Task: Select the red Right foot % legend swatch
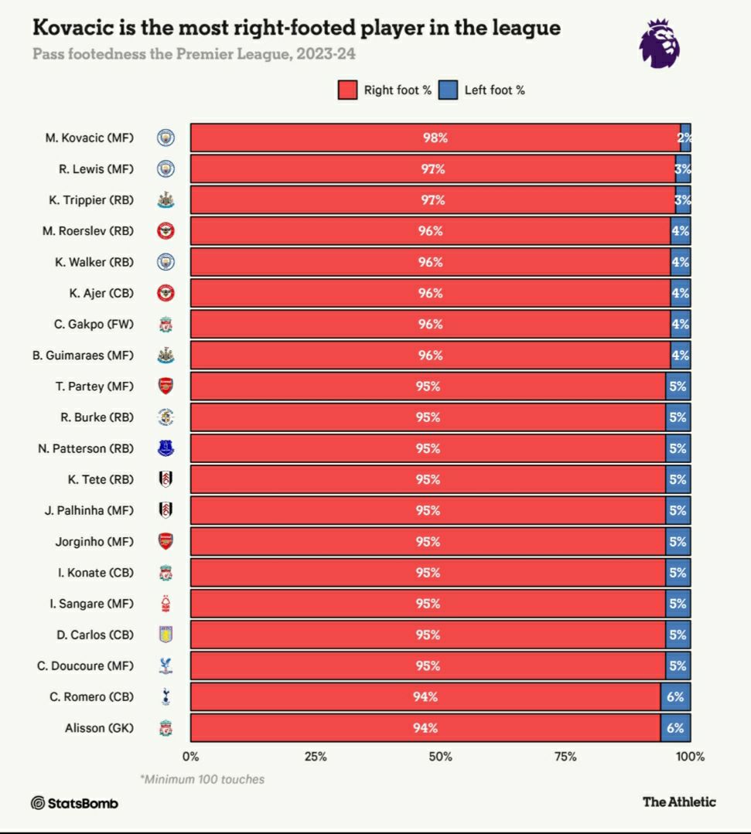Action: point(347,90)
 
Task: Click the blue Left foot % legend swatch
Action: point(448,90)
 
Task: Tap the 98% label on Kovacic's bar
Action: point(435,138)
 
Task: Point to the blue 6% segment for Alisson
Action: point(675,728)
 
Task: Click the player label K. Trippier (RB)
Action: point(90,200)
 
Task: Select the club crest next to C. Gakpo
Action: point(166,325)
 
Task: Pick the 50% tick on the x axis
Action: point(440,757)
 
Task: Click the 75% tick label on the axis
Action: point(565,757)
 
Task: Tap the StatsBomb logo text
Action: point(75,803)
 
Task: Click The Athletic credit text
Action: point(679,802)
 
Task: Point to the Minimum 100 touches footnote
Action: point(202,779)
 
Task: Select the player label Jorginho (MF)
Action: point(94,542)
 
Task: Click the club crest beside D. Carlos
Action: point(166,635)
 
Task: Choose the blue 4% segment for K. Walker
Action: point(680,262)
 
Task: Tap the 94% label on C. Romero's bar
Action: point(425,697)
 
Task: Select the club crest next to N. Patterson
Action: point(166,448)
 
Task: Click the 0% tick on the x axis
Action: point(190,757)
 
